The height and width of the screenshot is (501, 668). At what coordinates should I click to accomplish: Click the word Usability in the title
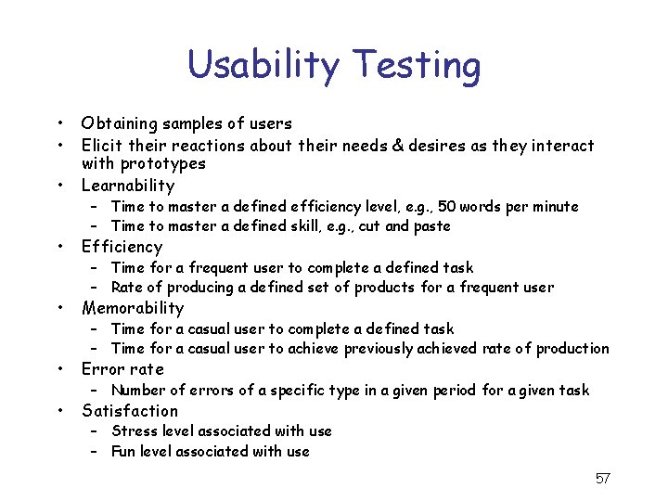(262, 66)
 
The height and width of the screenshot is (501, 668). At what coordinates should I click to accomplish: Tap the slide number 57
(602, 479)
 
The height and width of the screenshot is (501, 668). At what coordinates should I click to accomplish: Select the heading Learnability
(127, 186)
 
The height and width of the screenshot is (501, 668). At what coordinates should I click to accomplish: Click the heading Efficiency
(122, 247)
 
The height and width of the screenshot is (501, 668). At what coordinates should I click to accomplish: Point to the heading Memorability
(133, 308)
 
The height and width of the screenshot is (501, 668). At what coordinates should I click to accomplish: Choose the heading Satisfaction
(130, 410)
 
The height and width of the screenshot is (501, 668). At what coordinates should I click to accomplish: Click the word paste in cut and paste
(431, 226)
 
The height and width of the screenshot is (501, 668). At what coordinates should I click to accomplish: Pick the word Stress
(134, 430)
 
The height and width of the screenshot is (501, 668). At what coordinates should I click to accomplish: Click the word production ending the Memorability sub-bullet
(573, 349)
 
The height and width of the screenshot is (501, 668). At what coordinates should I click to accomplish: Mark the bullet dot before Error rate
(58, 369)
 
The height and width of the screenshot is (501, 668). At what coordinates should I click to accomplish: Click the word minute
(554, 206)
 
